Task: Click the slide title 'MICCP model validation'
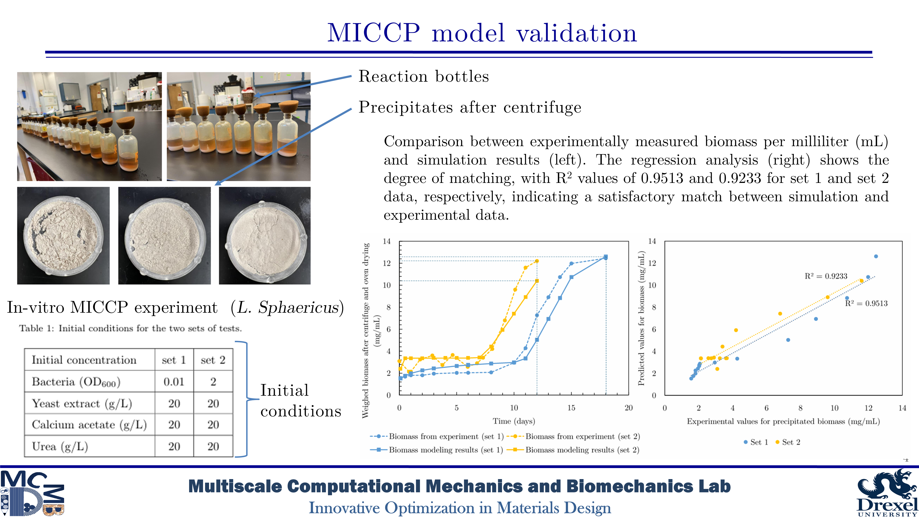coord(482,33)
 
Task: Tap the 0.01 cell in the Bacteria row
coord(174,382)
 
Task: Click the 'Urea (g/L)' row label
coord(60,446)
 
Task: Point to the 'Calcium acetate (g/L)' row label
coord(89,425)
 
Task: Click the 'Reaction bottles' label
coord(423,76)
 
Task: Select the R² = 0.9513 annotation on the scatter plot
coord(866,303)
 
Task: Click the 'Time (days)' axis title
coord(514,421)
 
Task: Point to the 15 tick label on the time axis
coord(571,408)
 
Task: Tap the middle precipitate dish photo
coord(165,236)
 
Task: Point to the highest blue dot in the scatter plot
coord(876,256)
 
